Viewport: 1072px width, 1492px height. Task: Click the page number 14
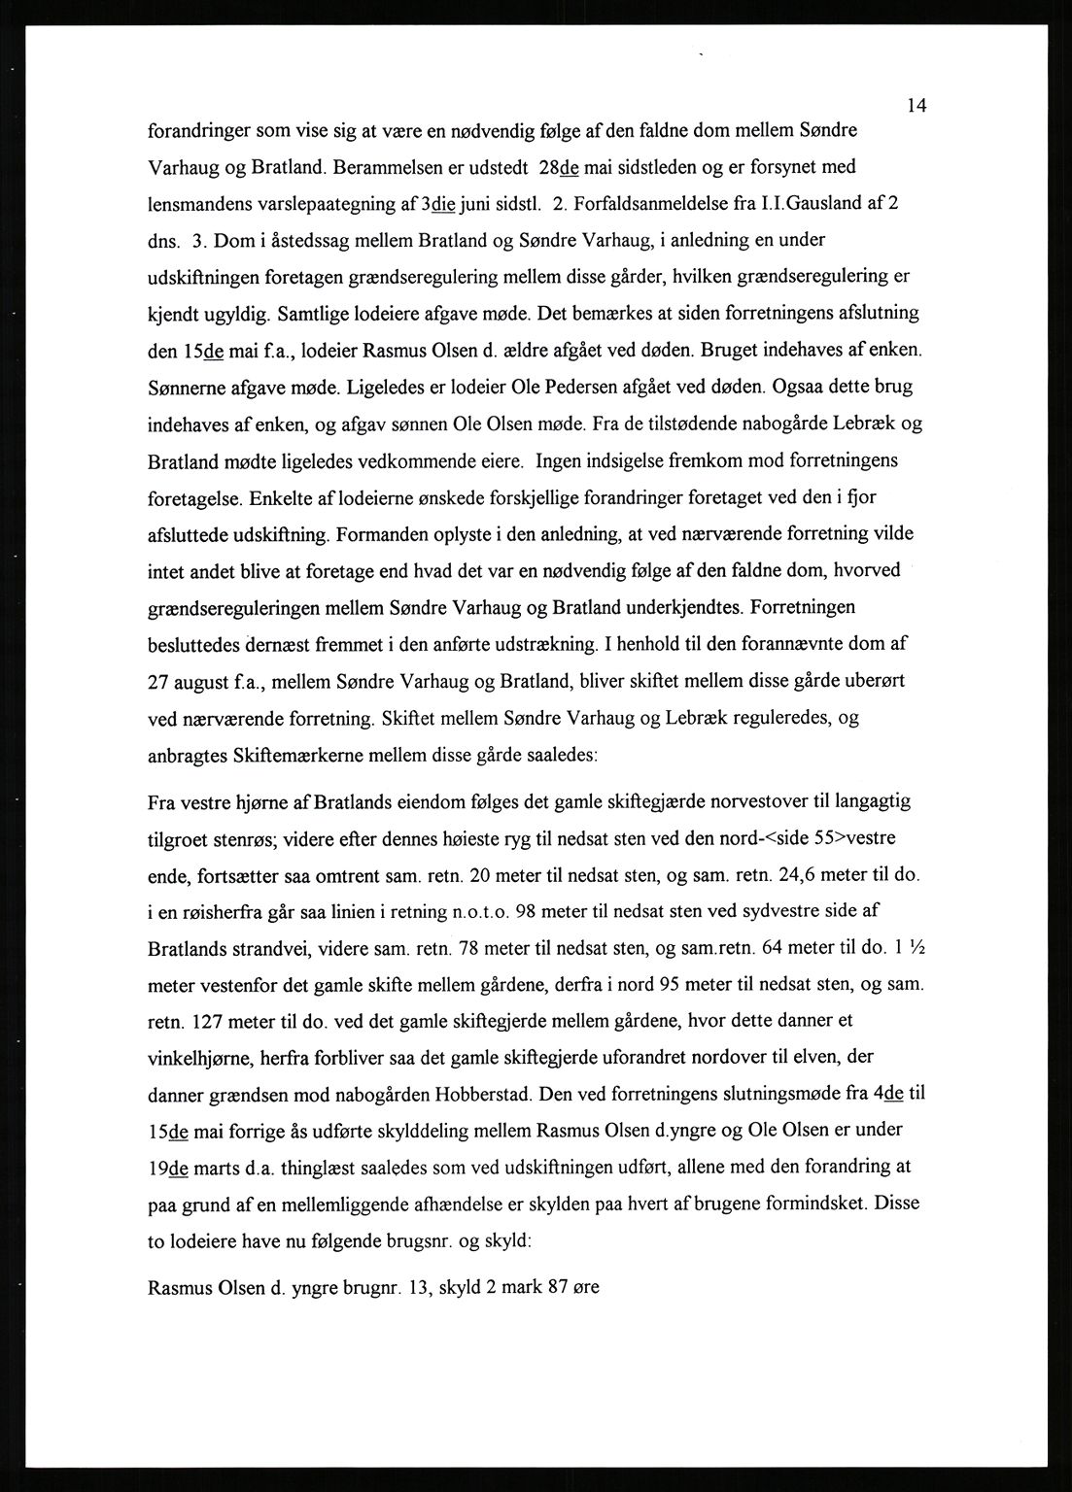(916, 106)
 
